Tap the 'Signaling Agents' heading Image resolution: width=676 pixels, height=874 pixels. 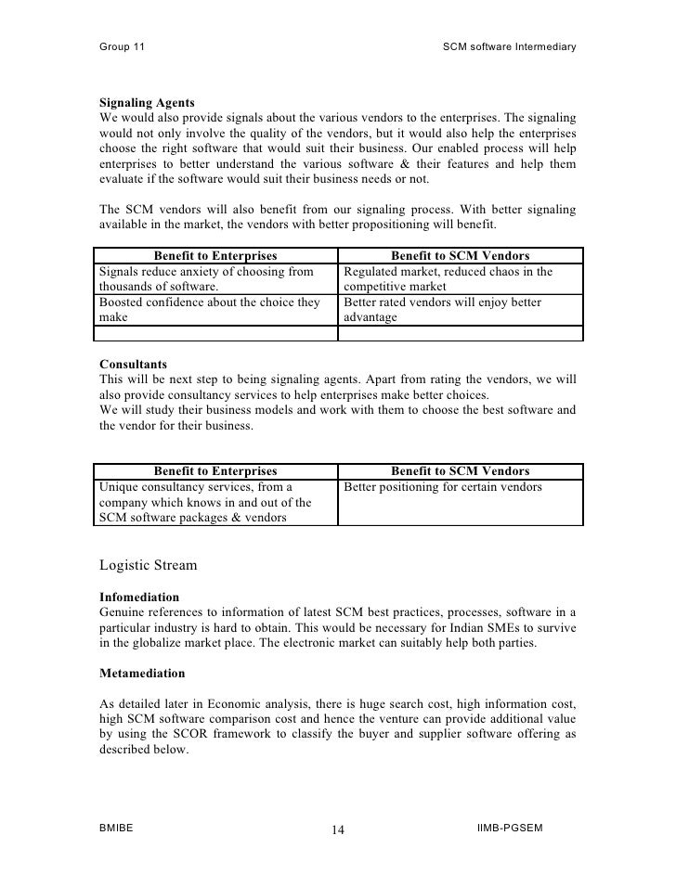tap(147, 101)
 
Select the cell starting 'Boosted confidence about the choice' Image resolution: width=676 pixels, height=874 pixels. tap(214, 310)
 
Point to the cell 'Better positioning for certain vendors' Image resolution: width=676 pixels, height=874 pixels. tap(443, 487)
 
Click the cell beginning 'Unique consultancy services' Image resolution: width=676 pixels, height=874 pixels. tap(214, 502)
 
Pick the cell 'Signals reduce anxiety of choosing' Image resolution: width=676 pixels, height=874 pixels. tap(214, 279)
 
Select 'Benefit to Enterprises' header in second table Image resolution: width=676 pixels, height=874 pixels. tap(215, 470)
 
